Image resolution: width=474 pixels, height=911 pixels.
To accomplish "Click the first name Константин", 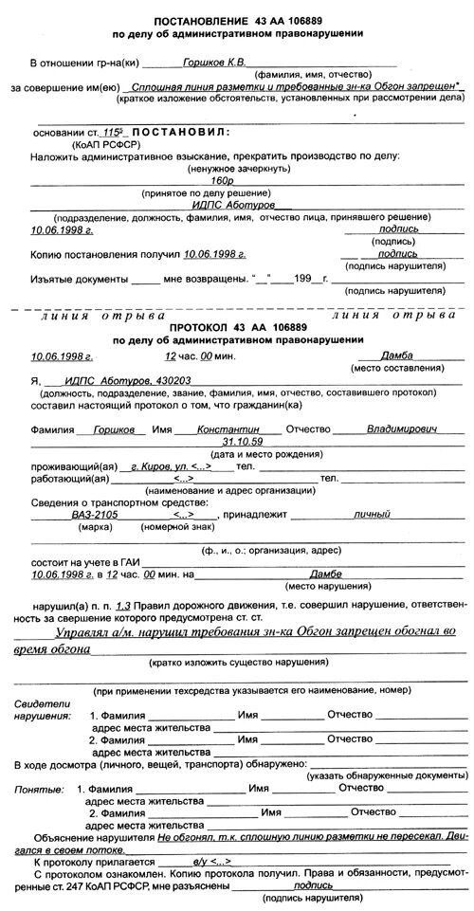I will click(222, 428).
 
